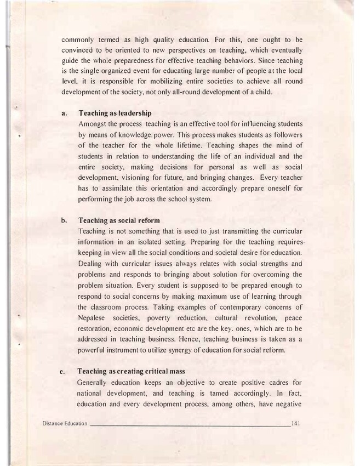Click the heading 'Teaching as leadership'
(115, 113)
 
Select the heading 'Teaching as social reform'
(119, 220)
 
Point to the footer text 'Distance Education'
(64, 424)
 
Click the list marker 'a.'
(64, 113)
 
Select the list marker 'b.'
(64, 220)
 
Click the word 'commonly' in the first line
(77, 39)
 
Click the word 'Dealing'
(93, 263)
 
